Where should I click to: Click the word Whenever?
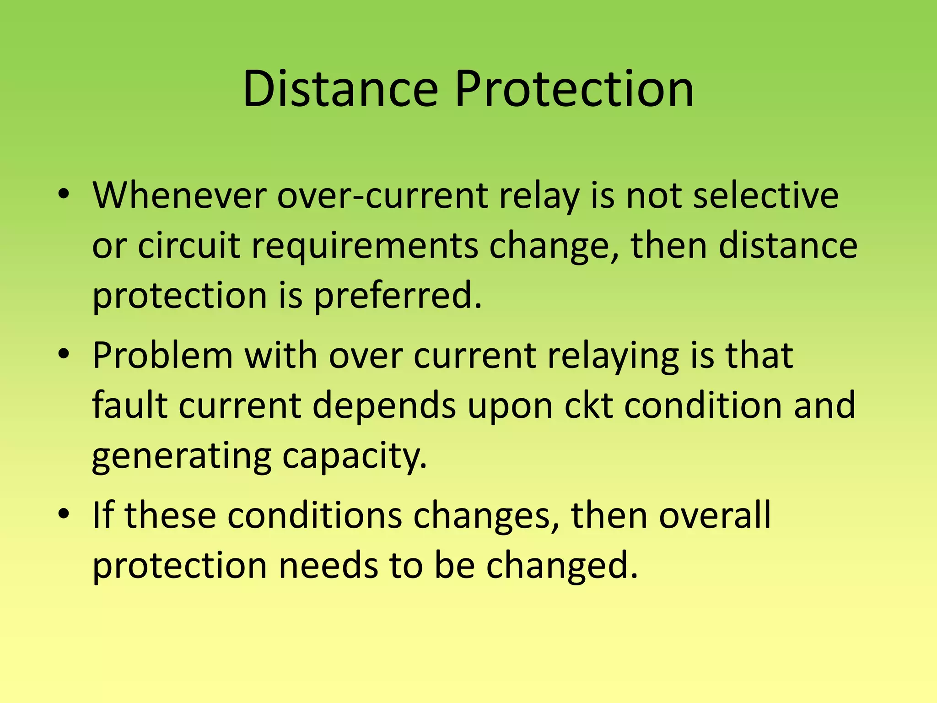[x=179, y=196]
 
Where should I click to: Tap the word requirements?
[x=365, y=246]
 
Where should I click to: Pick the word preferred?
[x=398, y=296]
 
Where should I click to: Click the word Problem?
[x=162, y=356]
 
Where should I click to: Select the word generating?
[x=182, y=457]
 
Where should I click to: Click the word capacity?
[x=355, y=457]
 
